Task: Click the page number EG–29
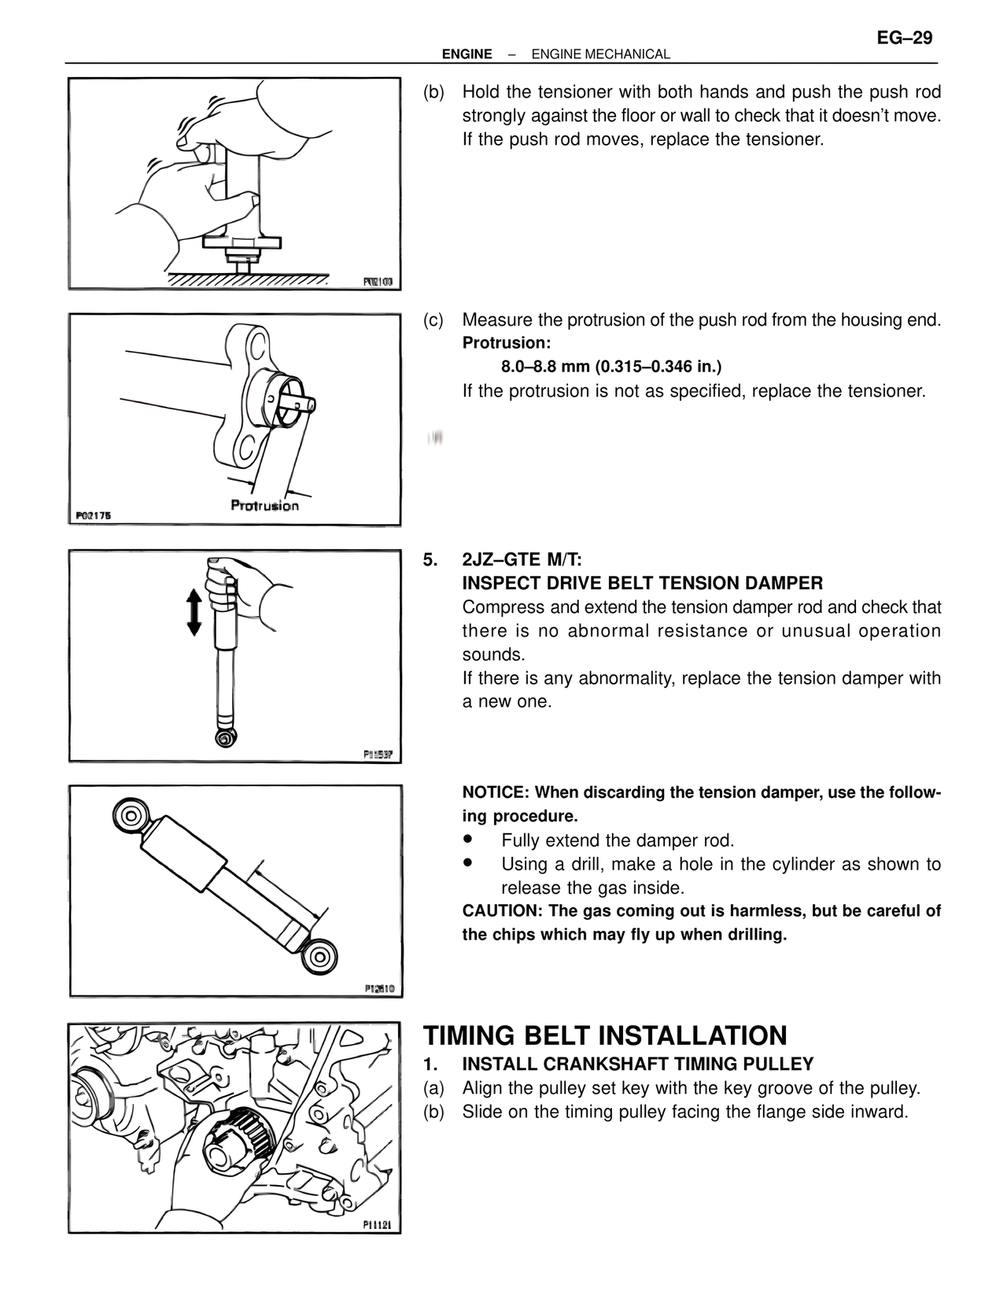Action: pos(904,38)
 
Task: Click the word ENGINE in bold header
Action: pos(467,54)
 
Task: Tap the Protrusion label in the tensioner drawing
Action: pos(264,505)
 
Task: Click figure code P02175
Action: pos(94,515)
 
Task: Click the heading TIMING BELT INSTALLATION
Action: pos(605,1035)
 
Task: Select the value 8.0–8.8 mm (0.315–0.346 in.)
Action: pos(610,367)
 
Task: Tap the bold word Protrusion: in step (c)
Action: pos(506,343)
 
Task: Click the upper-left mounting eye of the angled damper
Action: pos(130,813)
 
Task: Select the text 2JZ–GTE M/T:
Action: pos(522,560)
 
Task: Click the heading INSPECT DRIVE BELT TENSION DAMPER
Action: pos(642,584)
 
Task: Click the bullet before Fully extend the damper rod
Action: pos(469,840)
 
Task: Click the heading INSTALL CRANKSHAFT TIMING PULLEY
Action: pos(637,1065)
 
